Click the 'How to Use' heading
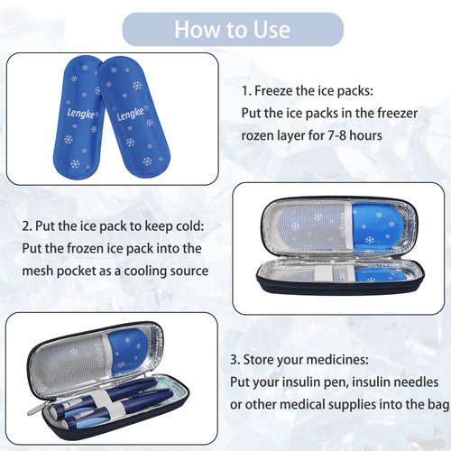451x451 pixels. (x=233, y=29)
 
